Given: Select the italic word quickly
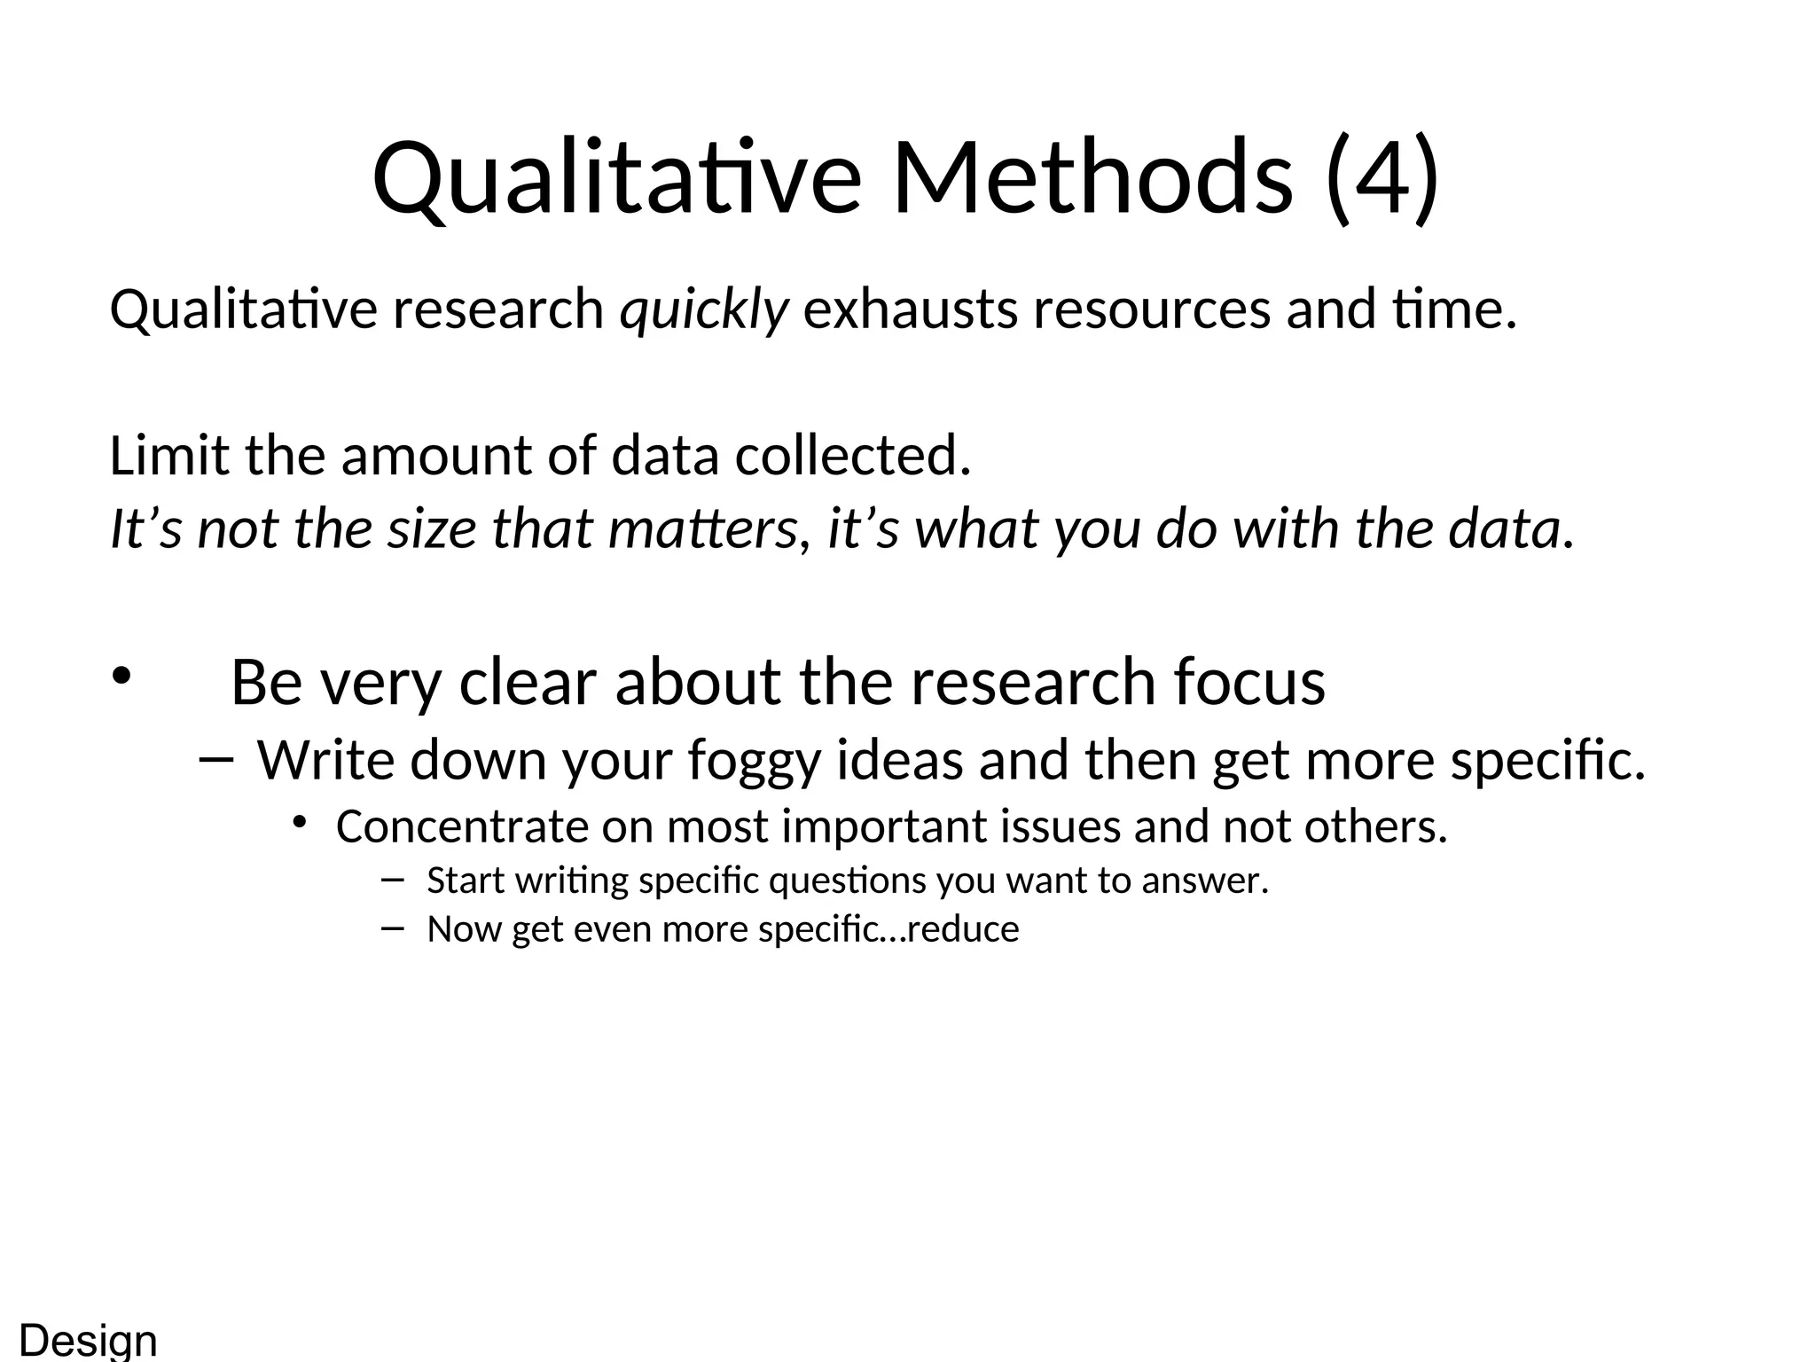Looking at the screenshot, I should [703, 310].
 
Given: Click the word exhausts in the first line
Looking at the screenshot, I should [910, 310].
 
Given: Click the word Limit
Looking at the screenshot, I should [169, 456].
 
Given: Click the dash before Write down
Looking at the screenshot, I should [216, 759].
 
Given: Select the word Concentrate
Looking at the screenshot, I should [462, 826].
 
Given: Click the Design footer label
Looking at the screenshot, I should [88, 1340].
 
